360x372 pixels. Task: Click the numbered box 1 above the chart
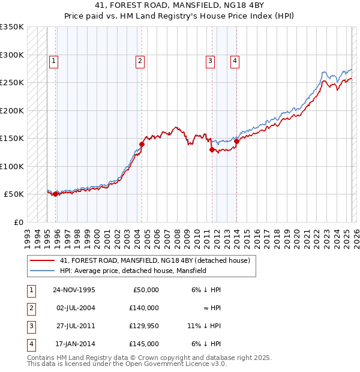[53, 60]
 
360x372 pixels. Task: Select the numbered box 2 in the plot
[140, 60]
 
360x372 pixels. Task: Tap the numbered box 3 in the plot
[211, 60]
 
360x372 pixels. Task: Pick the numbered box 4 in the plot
[235, 60]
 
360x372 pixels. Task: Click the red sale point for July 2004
[142, 144]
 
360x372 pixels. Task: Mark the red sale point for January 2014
[236, 142]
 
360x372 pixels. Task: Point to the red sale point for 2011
[212, 150]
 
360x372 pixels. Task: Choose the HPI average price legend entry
[133, 271]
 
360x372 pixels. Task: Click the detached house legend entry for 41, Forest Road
[158, 260]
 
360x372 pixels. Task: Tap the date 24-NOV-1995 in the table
[74, 290]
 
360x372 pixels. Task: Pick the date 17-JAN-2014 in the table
[74, 344]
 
